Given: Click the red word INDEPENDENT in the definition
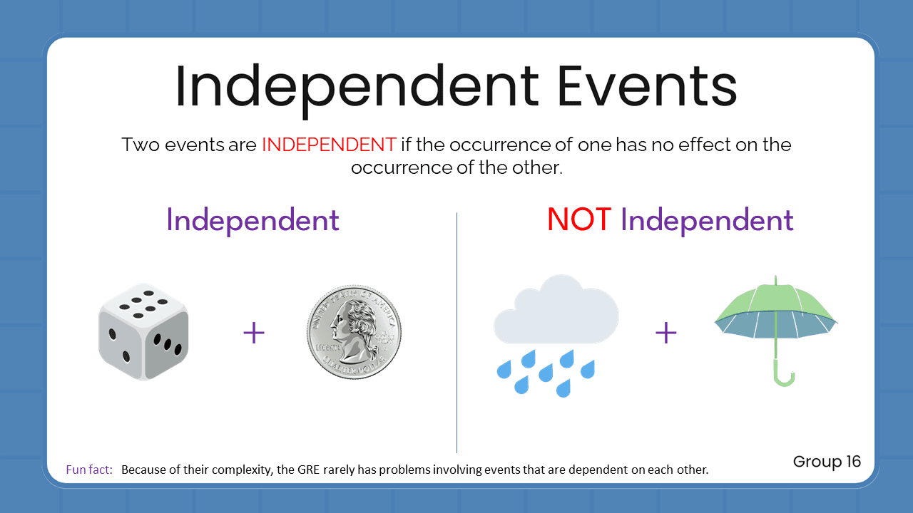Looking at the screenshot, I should pos(329,145).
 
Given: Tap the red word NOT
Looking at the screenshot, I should pos(578,220).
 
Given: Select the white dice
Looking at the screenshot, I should pos(143,333).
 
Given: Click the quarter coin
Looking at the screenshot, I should pos(354,333).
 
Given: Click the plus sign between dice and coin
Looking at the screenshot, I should pos(254,333).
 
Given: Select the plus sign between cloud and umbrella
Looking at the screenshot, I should pos(665,333).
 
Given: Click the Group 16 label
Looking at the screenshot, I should pos(827,462).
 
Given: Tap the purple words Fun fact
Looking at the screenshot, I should pos(89,470).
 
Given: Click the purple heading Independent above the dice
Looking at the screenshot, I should pos(253,220).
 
